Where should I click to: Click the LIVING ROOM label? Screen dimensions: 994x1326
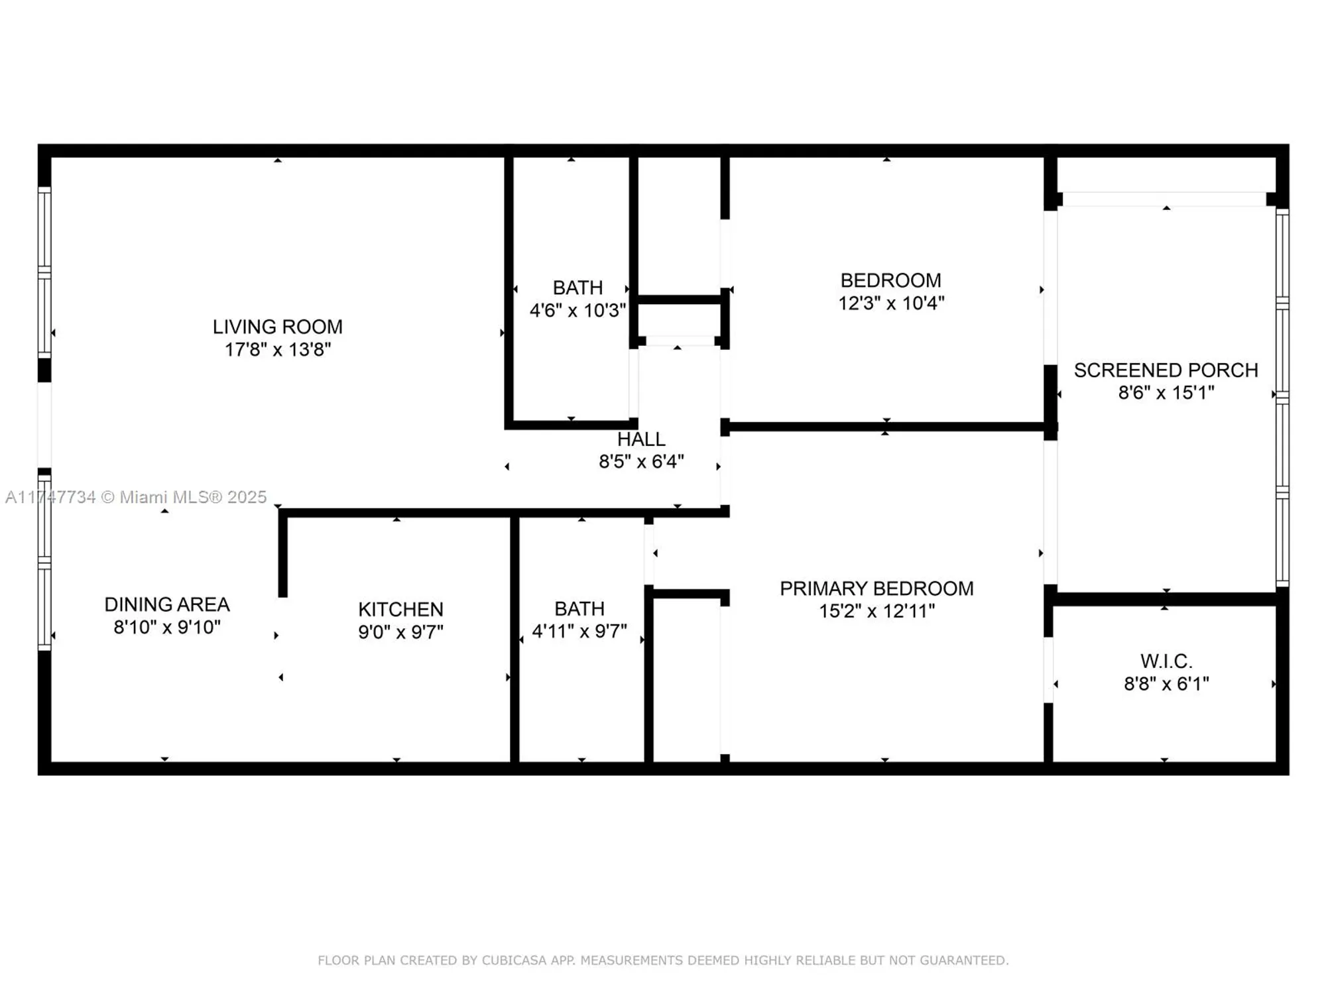(x=277, y=327)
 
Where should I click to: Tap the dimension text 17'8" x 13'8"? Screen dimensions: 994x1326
(x=277, y=349)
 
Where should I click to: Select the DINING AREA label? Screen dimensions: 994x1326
(x=167, y=604)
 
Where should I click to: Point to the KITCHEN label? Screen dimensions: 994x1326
(x=400, y=609)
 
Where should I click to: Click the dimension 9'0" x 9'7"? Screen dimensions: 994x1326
(x=400, y=632)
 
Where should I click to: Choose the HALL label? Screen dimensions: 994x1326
(x=641, y=439)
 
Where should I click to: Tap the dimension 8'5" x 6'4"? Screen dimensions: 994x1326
(x=641, y=461)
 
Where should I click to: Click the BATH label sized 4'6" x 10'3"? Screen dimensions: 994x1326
(x=577, y=288)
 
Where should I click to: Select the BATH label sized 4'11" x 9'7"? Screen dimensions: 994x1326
(x=579, y=608)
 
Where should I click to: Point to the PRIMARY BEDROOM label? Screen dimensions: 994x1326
(x=876, y=588)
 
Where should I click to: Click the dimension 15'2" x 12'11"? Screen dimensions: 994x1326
(x=876, y=611)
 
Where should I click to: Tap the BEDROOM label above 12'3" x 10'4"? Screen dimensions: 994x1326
(x=890, y=280)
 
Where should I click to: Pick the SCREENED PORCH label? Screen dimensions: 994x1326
(x=1166, y=370)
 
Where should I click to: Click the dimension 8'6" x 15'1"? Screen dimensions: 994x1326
(x=1166, y=392)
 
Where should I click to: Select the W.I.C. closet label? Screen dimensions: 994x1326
(x=1166, y=661)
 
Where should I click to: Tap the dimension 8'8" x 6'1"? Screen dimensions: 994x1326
(x=1166, y=683)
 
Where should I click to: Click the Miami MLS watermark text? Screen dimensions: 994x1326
(x=136, y=497)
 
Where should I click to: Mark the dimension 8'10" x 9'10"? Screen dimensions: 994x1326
(x=167, y=627)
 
